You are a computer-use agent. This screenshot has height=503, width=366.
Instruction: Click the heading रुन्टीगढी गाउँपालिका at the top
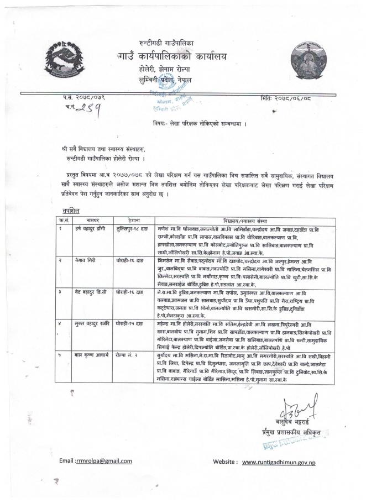tap(167, 43)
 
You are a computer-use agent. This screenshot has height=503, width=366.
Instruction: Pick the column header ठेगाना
tap(134, 219)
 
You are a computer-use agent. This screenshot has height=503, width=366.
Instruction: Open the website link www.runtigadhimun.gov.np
tap(279, 462)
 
